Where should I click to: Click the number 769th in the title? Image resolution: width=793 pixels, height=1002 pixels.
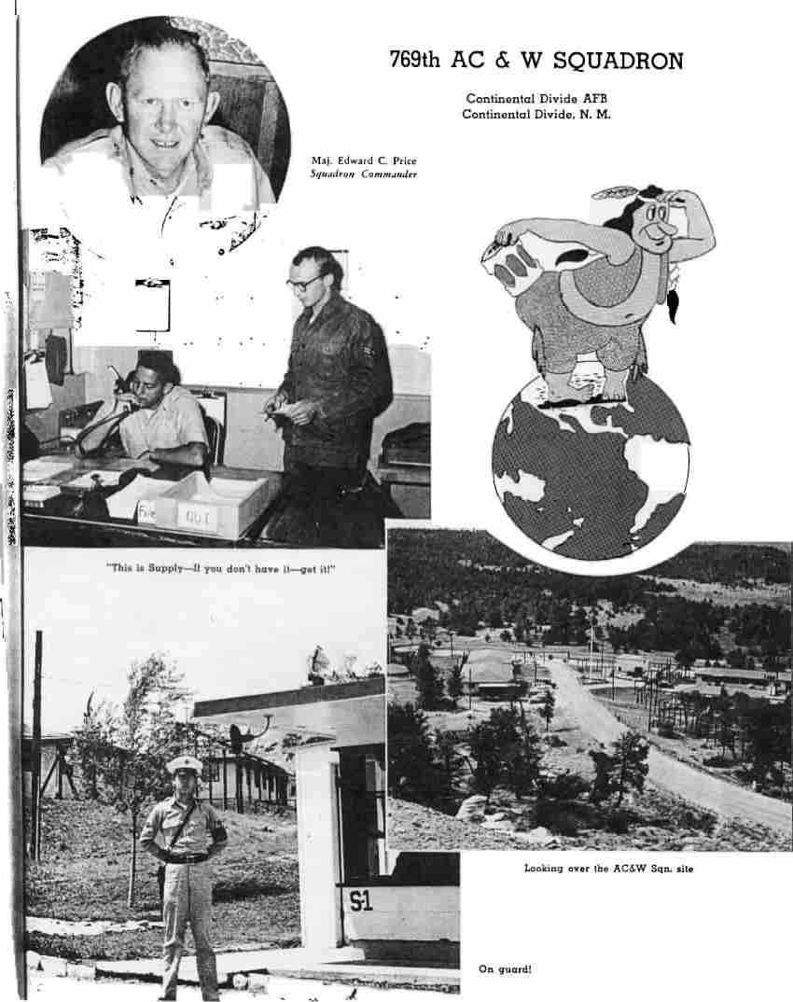[x=416, y=62]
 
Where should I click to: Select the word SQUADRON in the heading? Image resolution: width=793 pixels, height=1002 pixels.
[x=618, y=62]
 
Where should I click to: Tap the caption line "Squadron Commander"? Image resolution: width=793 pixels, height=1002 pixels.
[x=363, y=174]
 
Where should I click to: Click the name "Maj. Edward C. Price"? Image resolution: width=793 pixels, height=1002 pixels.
[x=364, y=160]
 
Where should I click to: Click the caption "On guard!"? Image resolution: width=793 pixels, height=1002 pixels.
[x=505, y=969]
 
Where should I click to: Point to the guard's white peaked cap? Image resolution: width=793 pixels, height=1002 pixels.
[x=184, y=764]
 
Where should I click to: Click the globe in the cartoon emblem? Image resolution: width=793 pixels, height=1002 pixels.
[x=590, y=466]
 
